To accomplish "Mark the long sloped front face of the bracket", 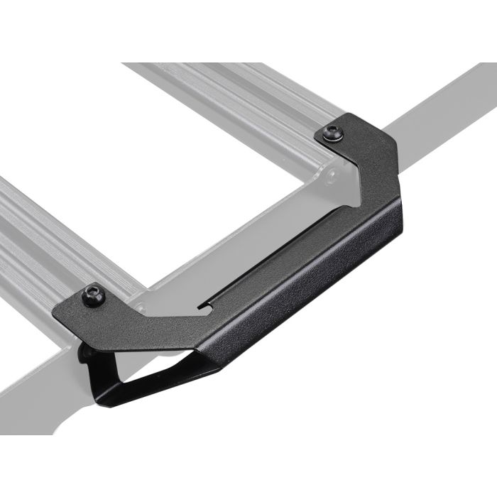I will [305, 298].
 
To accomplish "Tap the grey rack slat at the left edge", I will [35, 234].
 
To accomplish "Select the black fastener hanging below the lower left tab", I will [85, 351].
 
